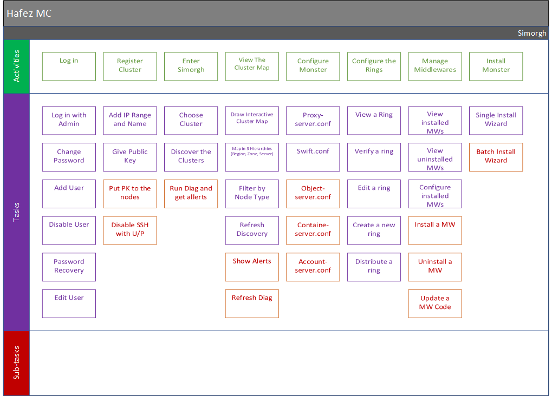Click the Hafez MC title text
[29, 14]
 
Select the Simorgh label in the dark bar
[531, 33]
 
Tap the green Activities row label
[16, 66]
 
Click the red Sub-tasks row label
[16, 363]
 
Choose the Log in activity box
[69, 67]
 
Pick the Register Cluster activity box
[130, 67]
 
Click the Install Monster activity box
[496, 67]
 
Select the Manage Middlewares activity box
[435, 67]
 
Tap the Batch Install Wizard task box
[496, 157]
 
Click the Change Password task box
[69, 157]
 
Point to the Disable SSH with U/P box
[130, 230]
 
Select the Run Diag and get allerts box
[191, 194]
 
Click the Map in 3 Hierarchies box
[252, 157]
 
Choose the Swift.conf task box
[313, 157]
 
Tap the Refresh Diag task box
[252, 304]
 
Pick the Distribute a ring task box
[374, 267]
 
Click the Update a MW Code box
[435, 304]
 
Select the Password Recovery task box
[69, 267]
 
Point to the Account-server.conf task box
[313, 267]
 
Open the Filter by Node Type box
[252, 194]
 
